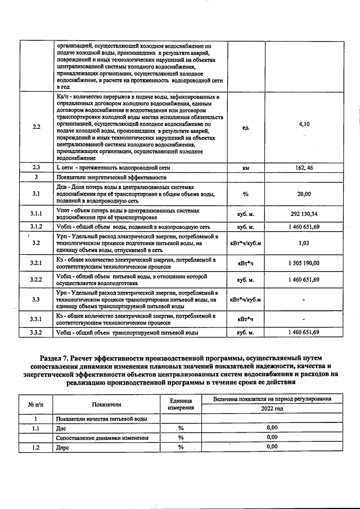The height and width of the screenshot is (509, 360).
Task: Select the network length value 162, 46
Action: (x=304, y=168)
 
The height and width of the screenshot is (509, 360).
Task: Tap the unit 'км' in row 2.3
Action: (x=245, y=168)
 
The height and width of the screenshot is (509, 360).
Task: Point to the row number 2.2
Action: (x=37, y=127)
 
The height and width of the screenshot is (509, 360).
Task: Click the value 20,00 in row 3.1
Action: (x=304, y=194)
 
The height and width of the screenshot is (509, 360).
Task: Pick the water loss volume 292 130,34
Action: (x=304, y=214)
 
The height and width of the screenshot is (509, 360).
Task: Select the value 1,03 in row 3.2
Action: (x=304, y=243)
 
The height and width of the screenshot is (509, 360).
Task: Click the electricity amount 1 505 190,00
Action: (x=304, y=263)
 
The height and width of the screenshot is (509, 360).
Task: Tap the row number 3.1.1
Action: (x=37, y=214)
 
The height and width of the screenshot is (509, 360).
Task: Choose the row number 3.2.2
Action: (x=37, y=280)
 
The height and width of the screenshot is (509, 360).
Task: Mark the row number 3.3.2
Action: (x=37, y=332)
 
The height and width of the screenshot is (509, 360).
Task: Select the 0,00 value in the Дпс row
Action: (x=272, y=428)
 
